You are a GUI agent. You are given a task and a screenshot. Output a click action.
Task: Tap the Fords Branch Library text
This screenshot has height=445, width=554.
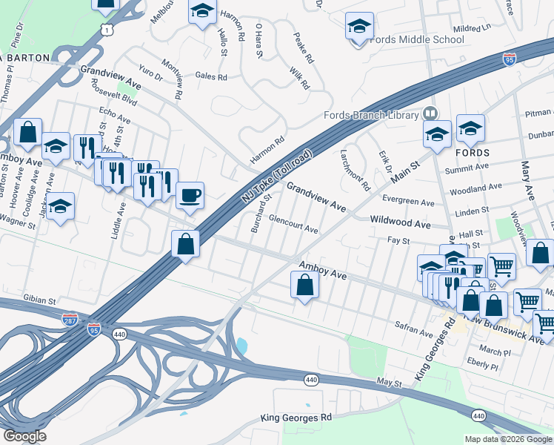[370, 115]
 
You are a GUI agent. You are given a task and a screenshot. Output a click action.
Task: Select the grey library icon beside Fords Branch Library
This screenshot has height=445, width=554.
[430, 113]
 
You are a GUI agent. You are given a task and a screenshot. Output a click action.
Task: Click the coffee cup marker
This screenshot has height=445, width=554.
[190, 195]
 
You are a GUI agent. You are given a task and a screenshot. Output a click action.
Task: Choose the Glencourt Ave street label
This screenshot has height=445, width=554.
[293, 225]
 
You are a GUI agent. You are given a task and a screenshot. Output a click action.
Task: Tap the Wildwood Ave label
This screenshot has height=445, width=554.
[400, 222]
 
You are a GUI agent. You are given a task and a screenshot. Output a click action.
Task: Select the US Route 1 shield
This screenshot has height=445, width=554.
[108, 29]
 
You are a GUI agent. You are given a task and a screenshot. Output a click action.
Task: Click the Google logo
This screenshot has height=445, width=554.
[24, 436]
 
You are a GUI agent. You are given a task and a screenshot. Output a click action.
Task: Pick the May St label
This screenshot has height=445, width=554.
[388, 383]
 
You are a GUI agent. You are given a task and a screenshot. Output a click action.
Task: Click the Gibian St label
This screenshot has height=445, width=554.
[41, 301]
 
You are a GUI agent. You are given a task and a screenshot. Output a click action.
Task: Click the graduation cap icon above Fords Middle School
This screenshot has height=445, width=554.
[359, 27]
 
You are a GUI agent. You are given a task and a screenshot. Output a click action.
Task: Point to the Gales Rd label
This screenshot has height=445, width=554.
[210, 76]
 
